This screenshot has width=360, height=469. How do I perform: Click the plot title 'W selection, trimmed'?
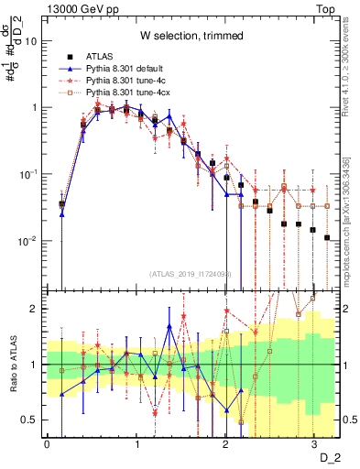coord(191,36)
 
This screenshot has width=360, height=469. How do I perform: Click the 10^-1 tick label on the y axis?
coord(30,174)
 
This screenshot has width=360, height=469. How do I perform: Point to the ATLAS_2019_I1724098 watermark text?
coord(191,274)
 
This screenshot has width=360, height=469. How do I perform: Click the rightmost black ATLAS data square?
coord(327,237)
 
